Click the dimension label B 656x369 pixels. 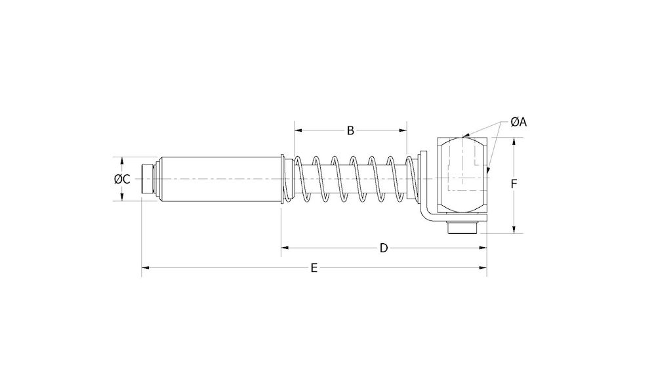pyautogui.click(x=350, y=130)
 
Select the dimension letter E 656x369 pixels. pyautogui.click(x=314, y=267)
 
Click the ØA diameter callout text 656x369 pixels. pyautogui.click(x=519, y=122)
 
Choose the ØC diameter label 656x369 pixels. pyautogui.click(x=121, y=179)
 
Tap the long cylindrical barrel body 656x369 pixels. pyautogui.click(x=220, y=179)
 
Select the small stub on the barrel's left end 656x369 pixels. pyautogui.click(x=148, y=179)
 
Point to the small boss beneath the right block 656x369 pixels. pyautogui.click(x=462, y=228)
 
